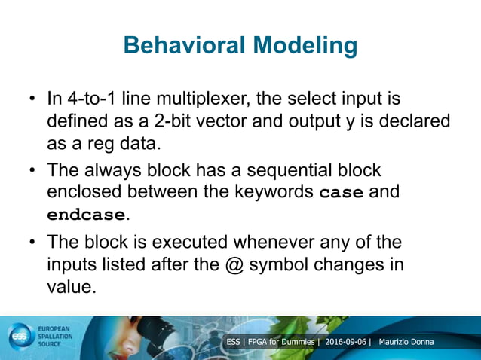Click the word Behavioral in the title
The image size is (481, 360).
[x=180, y=46]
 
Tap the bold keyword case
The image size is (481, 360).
[x=342, y=193]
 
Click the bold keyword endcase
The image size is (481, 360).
[x=85, y=215]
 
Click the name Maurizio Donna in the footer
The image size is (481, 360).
[x=411, y=343]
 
